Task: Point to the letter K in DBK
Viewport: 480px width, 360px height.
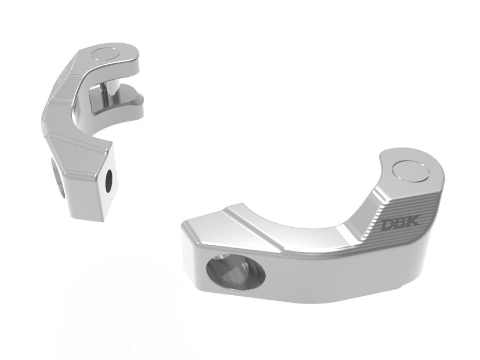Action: pyautogui.click(x=412, y=222)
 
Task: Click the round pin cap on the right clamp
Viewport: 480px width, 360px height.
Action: pyautogui.click(x=410, y=172)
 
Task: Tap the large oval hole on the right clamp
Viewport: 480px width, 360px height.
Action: pyautogui.click(x=236, y=270)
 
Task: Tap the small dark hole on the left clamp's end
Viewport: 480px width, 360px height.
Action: pyautogui.click(x=109, y=179)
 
